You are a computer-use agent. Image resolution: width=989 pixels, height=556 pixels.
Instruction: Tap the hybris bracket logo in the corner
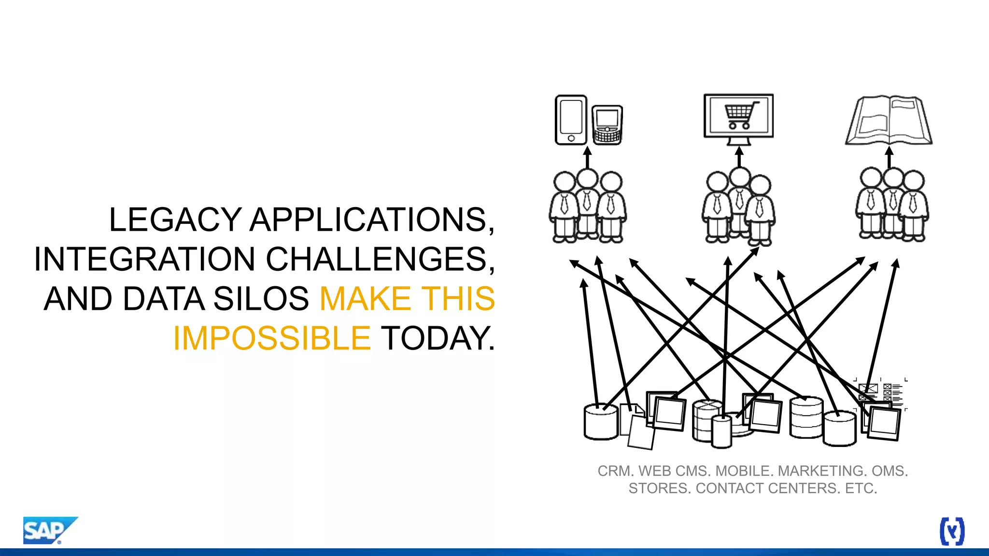[952, 531]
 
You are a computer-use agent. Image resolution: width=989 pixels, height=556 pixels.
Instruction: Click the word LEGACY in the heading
[175, 220]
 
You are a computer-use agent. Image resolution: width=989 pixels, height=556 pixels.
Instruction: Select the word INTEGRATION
[144, 259]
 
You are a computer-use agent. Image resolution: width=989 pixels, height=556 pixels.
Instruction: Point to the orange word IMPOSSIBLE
[272, 338]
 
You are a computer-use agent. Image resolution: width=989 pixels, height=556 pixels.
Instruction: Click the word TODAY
[438, 338]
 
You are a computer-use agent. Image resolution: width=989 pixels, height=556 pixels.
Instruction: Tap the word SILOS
[261, 299]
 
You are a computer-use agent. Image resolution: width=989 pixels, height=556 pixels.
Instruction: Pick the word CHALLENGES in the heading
[381, 259]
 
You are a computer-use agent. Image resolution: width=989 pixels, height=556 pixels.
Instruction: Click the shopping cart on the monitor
[740, 115]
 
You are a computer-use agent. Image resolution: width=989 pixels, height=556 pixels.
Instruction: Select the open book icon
[889, 121]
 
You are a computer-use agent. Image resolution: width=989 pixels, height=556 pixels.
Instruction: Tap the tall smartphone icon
[571, 120]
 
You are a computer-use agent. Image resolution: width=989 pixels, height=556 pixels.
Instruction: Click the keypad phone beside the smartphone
[607, 125]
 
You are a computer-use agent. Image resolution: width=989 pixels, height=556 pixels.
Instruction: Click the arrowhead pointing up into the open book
[890, 152]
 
